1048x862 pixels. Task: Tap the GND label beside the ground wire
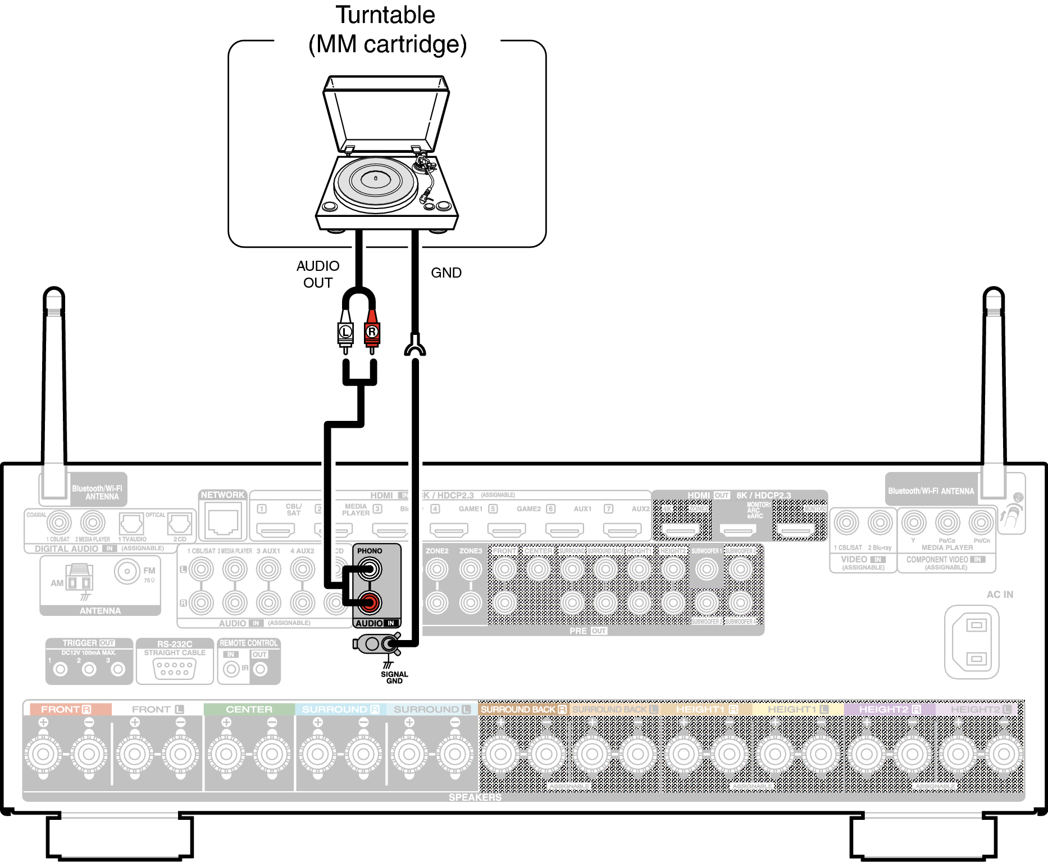(446, 273)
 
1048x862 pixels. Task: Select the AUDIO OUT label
(318, 274)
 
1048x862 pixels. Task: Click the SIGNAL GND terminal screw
(389, 643)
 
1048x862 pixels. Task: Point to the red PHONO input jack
(369, 603)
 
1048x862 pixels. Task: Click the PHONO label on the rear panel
(370, 551)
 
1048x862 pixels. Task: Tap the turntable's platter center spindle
(375, 179)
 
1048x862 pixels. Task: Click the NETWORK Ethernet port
(223, 522)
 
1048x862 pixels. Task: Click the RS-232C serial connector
(175, 668)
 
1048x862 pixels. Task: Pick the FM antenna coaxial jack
(127, 571)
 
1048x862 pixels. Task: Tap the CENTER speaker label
(249, 710)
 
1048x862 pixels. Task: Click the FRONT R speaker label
(66, 710)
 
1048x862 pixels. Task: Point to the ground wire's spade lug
(415, 346)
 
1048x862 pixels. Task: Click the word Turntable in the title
(385, 15)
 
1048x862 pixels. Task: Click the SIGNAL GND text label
(394, 677)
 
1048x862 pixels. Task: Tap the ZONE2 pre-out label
(437, 551)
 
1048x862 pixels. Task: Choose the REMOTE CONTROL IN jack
(231, 669)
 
